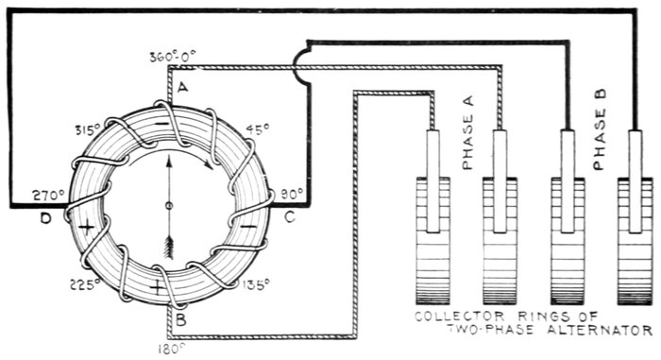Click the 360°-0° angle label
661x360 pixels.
173,57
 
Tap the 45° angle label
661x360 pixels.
258,130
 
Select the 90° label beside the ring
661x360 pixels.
292,194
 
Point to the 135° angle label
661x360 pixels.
255,284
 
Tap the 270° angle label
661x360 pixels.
48,195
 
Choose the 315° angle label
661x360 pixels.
88,130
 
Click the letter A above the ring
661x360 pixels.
182,87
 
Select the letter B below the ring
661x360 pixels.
181,320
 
